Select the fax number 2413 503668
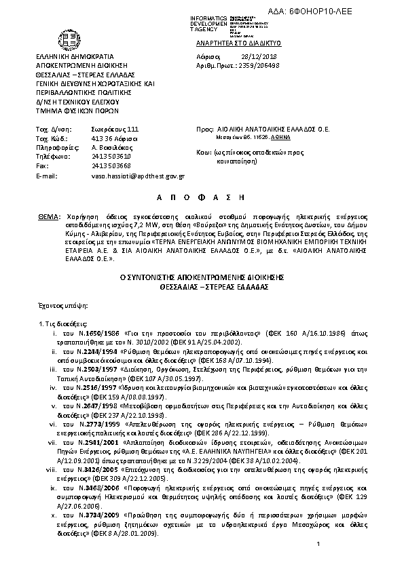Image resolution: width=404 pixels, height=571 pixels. pos(110,165)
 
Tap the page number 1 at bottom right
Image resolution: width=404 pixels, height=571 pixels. pos(318,545)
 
